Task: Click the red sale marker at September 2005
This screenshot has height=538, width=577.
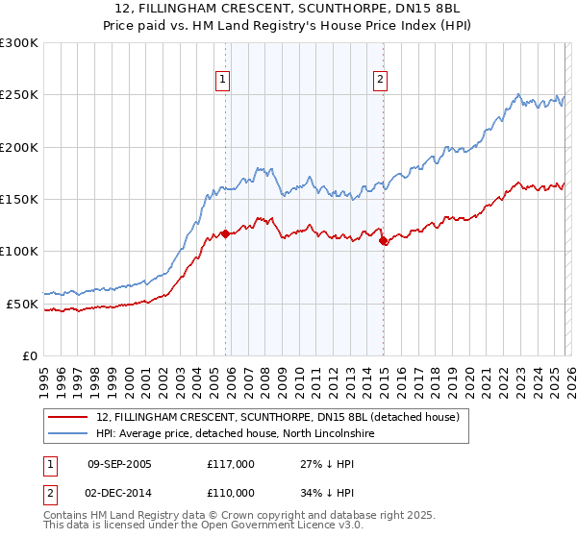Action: [225, 233]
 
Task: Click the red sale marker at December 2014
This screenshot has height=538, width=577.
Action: [383, 241]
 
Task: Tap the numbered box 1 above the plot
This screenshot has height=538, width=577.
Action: [223, 80]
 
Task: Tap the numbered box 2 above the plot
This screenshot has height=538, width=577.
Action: [381, 80]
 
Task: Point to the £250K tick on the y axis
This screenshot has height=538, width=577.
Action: [19, 95]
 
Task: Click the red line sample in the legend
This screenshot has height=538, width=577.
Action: [69, 417]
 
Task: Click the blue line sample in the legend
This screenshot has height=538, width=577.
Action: [69, 433]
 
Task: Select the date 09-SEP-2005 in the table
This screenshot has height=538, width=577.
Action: [119, 464]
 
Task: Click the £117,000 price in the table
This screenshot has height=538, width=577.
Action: [231, 464]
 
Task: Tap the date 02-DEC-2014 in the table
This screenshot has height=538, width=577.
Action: [119, 491]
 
